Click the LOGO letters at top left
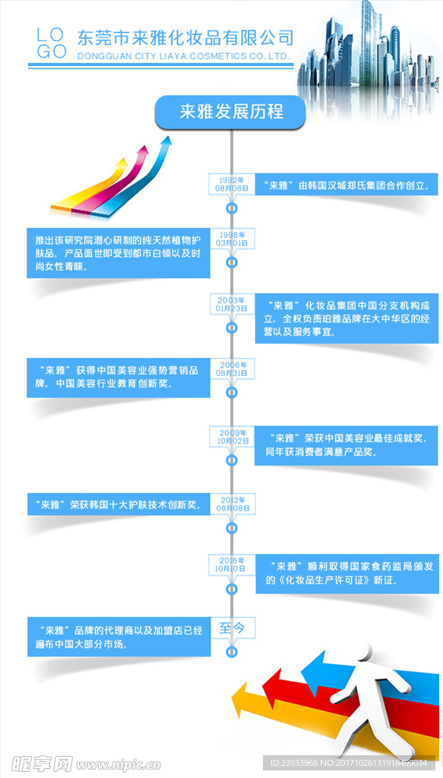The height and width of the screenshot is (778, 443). pos(52,43)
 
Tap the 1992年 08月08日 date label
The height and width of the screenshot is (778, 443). pos(233,183)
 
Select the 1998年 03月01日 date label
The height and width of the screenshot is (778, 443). pos(233,239)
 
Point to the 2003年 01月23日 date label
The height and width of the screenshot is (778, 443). pos(233,305)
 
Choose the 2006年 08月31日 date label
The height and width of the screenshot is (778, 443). pos(233,370)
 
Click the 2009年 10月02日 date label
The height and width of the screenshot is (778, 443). pos(233,435)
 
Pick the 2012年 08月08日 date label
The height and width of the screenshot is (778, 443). pos(233,503)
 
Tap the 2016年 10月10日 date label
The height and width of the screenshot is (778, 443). pos(233,564)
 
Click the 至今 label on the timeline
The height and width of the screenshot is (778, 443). pos(233,628)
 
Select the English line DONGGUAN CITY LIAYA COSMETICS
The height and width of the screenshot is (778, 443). pos(183,56)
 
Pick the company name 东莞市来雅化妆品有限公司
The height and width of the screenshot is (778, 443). pos(185,36)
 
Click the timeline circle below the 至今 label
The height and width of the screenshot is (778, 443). pos(233,652)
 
